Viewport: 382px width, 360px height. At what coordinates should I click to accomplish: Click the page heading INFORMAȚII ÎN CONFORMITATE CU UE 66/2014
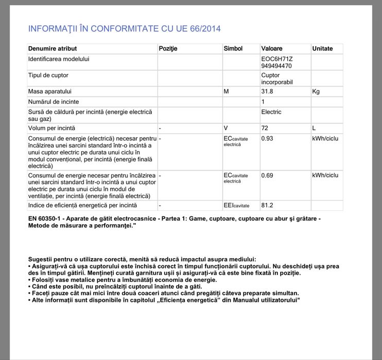pos(124,29)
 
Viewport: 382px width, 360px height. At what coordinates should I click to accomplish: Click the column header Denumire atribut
pos(53,49)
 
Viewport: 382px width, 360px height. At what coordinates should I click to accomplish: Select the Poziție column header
pos(168,49)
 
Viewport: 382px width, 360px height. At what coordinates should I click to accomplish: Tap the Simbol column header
pos(233,49)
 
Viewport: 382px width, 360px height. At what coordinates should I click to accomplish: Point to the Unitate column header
pos(322,49)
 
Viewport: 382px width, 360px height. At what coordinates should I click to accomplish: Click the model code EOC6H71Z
pos(277,59)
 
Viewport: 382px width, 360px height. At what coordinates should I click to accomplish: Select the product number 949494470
pos(276,66)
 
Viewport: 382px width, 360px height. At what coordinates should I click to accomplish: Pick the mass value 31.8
pos(269,92)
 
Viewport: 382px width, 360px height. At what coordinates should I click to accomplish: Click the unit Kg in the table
pos(316,92)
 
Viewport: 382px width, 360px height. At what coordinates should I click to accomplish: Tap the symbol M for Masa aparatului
pos(226,92)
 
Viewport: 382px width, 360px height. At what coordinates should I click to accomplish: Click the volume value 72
pos(265,128)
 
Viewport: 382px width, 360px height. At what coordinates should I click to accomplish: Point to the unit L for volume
pos(314,128)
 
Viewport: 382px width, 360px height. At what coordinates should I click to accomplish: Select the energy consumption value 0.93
pos(267,139)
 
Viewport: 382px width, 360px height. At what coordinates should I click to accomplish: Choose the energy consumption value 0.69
pos(267,175)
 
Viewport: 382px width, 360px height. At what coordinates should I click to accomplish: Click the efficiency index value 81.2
pos(267,206)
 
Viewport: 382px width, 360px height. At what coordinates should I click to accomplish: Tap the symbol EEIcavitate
pos(236,206)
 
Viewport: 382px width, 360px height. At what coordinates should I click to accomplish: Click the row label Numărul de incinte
pos(54,102)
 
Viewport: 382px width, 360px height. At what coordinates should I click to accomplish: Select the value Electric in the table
pos(271,112)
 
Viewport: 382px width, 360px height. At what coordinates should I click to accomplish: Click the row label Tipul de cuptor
pos(48,76)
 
